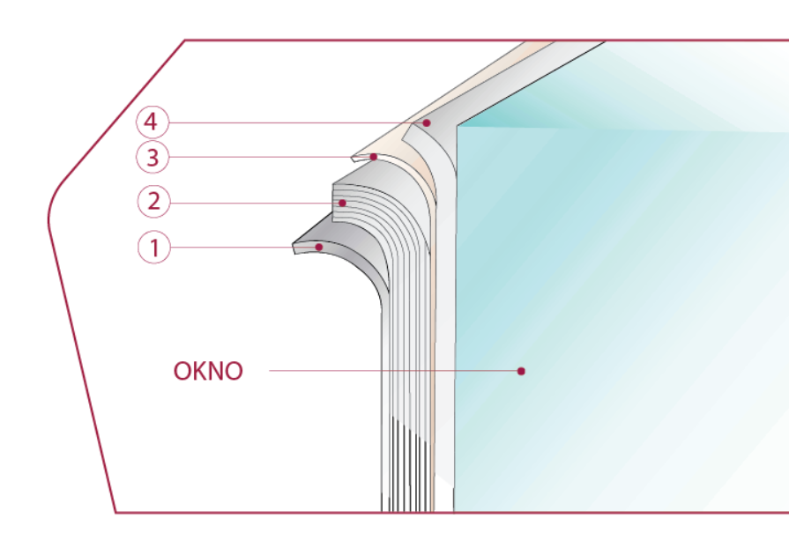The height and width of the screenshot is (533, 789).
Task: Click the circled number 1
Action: point(154,248)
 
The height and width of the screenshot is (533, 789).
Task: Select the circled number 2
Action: point(154,202)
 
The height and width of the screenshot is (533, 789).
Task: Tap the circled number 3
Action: point(153,159)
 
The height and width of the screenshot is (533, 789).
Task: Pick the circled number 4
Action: point(153,122)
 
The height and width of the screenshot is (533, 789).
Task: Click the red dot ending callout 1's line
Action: point(319,248)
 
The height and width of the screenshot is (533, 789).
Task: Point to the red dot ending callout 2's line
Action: point(343,203)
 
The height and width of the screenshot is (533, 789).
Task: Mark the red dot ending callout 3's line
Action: point(375,157)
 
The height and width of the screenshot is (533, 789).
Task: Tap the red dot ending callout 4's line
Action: point(427,123)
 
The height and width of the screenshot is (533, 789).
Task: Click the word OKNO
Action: point(208,371)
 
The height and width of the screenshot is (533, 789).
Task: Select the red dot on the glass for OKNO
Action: point(521,371)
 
